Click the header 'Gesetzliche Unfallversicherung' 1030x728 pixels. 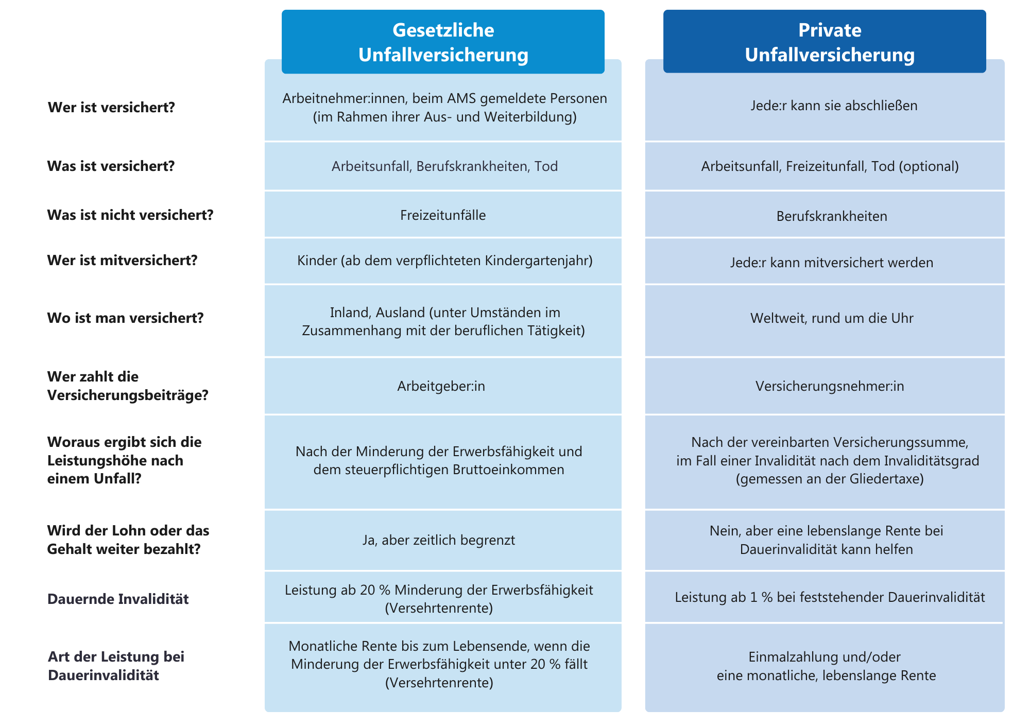coord(443,42)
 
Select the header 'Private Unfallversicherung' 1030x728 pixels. coord(829,42)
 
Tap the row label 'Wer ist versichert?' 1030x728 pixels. coord(111,108)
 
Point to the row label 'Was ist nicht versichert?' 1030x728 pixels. coord(130,215)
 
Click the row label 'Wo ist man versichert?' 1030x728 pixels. coord(125,318)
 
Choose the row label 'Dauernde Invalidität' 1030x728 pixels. coord(118,599)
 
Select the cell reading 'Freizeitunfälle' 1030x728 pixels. coord(443,215)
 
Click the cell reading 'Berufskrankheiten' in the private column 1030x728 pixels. coord(832,216)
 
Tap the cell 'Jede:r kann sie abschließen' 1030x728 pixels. coord(834,106)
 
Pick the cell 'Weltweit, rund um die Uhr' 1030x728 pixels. coord(832,318)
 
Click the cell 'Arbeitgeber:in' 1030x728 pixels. coord(441,386)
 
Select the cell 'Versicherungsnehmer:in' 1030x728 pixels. coord(830,386)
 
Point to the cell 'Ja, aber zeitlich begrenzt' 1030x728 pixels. coord(439,540)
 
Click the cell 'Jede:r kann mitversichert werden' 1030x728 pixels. coord(832,263)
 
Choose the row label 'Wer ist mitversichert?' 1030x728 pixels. coord(122,260)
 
